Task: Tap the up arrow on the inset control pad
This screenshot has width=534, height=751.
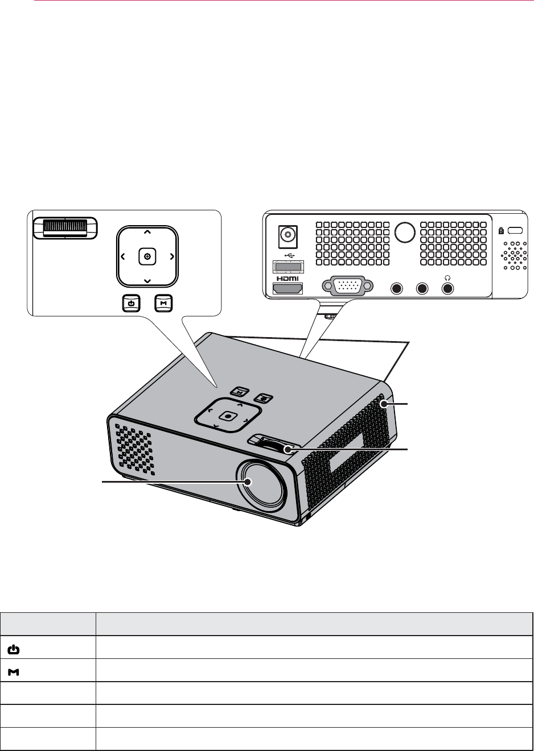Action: [x=147, y=232]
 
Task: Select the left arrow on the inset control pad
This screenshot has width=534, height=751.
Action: [x=123, y=257]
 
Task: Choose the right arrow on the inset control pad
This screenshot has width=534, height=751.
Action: [x=171, y=257]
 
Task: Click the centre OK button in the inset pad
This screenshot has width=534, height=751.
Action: [x=147, y=257]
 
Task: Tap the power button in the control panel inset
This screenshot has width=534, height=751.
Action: [x=131, y=304]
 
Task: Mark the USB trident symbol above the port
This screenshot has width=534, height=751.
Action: [x=289, y=256]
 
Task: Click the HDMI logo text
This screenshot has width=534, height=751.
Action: [x=288, y=279]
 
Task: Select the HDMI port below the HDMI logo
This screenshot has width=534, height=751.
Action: [x=288, y=289]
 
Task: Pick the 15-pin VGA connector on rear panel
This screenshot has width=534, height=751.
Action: [x=347, y=286]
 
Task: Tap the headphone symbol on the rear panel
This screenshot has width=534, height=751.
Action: [x=448, y=278]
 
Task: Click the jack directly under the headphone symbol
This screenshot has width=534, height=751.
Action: [x=448, y=289]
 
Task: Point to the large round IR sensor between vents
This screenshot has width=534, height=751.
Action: [x=405, y=231]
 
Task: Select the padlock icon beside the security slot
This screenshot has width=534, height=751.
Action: [x=500, y=231]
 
